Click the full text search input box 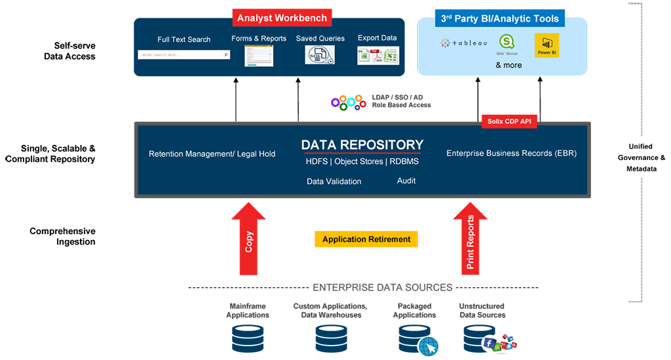click(x=183, y=55)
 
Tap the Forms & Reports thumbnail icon click(x=258, y=55)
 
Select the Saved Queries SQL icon click(x=320, y=54)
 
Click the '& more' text click(x=508, y=66)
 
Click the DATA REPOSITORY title click(x=362, y=145)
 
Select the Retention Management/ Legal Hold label click(x=212, y=154)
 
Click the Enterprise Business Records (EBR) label click(x=511, y=153)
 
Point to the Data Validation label click(x=334, y=181)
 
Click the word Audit click(x=406, y=180)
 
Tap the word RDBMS click(x=404, y=161)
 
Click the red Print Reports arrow click(x=470, y=239)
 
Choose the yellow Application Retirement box click(x=366, y=239)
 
